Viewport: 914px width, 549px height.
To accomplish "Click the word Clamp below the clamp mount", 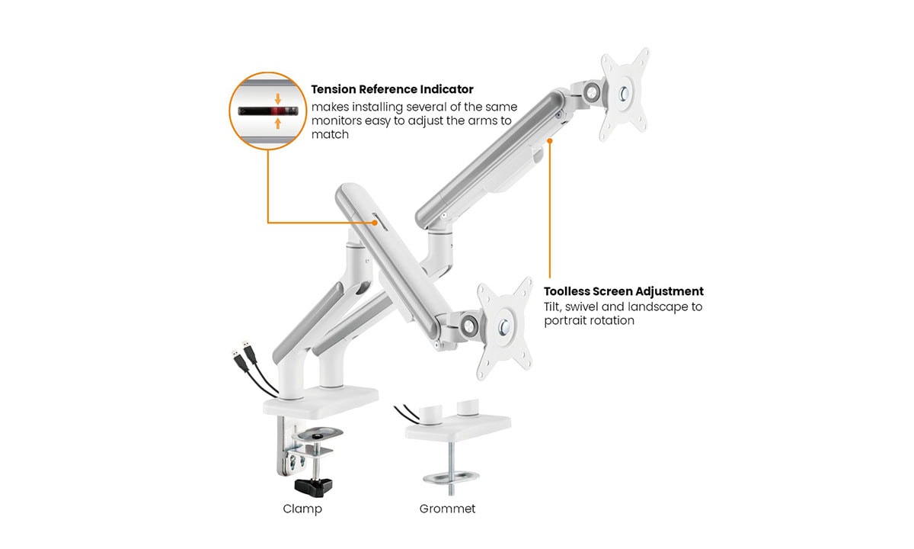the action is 302,509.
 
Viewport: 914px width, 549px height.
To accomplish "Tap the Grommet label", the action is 447,509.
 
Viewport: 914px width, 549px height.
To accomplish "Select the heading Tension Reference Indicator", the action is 392,89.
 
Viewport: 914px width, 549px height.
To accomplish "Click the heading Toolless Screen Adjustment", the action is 624,291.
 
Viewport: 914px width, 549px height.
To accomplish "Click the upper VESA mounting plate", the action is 624,95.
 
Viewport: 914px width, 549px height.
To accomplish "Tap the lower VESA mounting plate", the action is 505,327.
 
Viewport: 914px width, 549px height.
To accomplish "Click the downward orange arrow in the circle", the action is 278,99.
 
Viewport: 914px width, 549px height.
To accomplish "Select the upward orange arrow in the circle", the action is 278,124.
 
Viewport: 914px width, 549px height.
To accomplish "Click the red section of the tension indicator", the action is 277,111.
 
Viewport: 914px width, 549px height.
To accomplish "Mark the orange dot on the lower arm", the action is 375,223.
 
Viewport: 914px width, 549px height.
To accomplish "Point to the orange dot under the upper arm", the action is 550,141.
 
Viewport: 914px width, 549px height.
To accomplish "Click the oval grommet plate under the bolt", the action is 451,477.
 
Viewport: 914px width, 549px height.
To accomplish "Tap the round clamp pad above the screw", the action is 318,433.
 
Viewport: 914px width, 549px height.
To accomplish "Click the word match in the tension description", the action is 330,134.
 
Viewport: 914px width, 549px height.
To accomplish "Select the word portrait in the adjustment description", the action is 564,321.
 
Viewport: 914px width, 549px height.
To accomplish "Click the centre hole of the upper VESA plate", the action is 625,95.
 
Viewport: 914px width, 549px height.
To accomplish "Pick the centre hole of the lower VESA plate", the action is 505,327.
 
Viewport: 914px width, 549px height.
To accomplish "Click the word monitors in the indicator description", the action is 336,121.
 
